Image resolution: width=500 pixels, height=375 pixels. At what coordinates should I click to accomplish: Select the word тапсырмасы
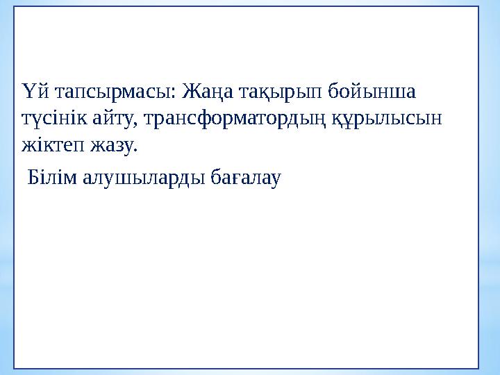110,92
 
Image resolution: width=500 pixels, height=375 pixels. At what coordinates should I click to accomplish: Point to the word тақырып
279,93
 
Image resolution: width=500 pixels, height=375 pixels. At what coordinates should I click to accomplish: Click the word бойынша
378,92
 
